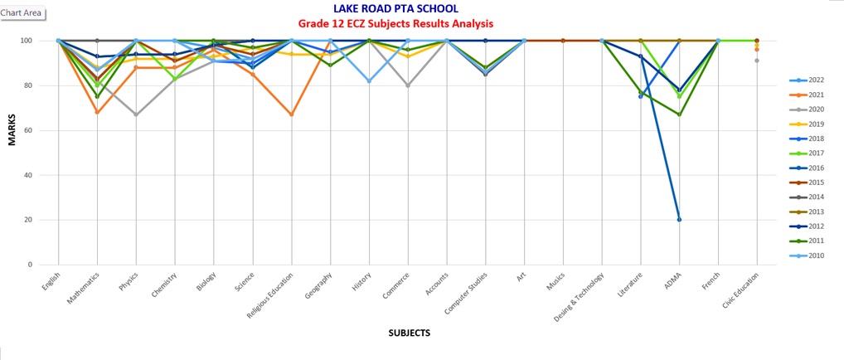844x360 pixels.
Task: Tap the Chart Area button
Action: click(x=22, y=13)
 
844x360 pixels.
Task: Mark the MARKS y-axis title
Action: click(x=12, y=131)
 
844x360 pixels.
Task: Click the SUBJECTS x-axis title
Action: click(x=409, y=333)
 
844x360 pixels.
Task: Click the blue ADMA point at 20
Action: click(x=679, y=220)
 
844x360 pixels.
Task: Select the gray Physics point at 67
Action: click(x=136, y=114)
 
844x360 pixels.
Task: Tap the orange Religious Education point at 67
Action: click(x=291, y=114)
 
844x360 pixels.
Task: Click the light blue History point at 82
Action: click(x=369, y=80)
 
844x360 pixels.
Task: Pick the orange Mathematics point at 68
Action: click(x=98, y=112)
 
